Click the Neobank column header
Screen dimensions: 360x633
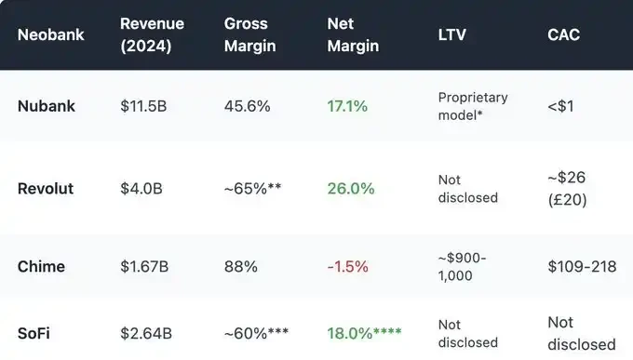tap(51, 34)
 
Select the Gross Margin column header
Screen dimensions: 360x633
tap(250, 34)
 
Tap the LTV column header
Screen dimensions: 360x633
tap(452, 34)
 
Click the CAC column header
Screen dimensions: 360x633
tap(564, 34)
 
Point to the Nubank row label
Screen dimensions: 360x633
tap(47, 106)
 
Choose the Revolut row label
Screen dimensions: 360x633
tap(46, 188)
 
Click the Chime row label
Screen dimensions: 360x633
tap(42, 267)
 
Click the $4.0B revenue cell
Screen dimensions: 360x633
tap(141, 188)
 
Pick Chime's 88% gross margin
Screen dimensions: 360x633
tap(241, 267)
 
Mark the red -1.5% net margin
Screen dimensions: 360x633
tap(347, 267)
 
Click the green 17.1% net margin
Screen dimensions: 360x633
tap(347, 106)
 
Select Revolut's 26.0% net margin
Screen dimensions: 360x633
tap(351, 188)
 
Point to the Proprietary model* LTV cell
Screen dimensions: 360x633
tap(473, 105)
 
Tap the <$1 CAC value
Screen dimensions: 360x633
tap(561, 106)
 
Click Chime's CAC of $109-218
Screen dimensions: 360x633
tap(582, 267)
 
